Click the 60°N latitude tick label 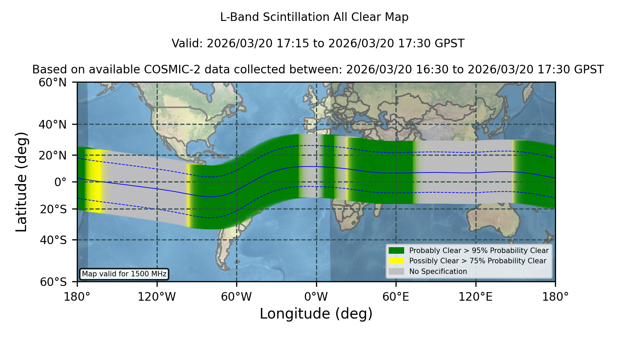pos(52,83)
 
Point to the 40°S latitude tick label pos(53,240)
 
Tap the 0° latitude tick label pos(60,182)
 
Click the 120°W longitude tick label pos(157,297)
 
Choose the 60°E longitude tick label pos(396,297)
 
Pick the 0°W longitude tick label pos(316,297)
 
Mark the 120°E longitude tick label pos(475,297)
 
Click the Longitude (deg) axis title pos(316,314)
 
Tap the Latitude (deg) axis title pos(21,182)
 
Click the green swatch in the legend pos(396,251)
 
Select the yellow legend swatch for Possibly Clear pos(396,261)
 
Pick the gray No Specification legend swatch pos(396,272)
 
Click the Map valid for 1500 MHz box pos(124,274)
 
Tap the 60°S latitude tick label pos(53,282)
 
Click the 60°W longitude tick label pos(237,297)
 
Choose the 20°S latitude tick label pos(53,209)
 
